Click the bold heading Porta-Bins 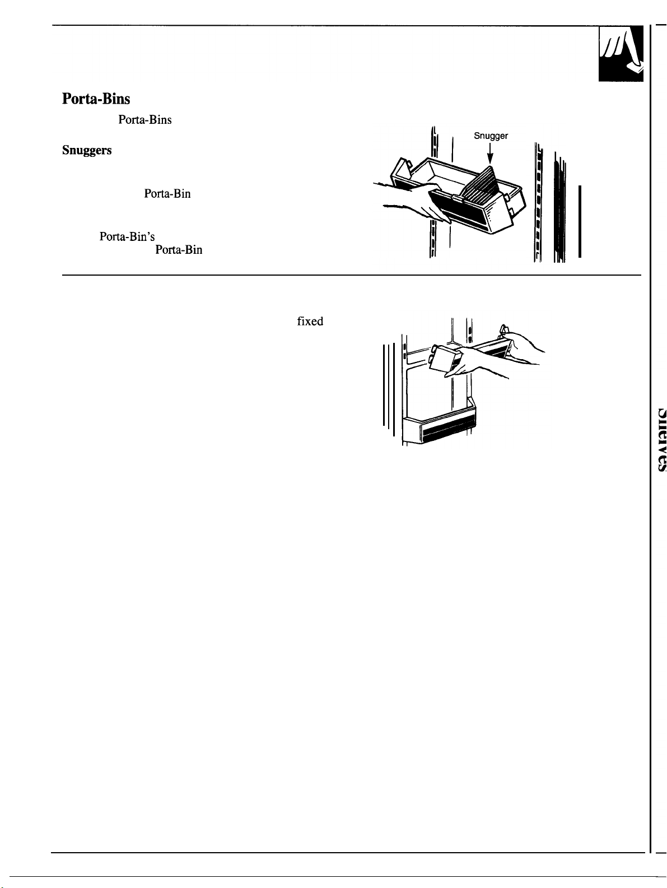tap(96, 99)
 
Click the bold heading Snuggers tap(87, 151)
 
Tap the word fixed tap(310, 322)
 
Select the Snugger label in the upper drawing tap(491, 136)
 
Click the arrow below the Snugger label tap(490, 154)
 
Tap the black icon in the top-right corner tap(620, 54)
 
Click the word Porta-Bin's tap(123, 237)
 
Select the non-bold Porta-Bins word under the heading tap(145, 120)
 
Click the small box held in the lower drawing tap(446, 361)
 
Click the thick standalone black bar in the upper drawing tap(580, 221)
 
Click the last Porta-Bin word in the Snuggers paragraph tap(179, 250)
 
